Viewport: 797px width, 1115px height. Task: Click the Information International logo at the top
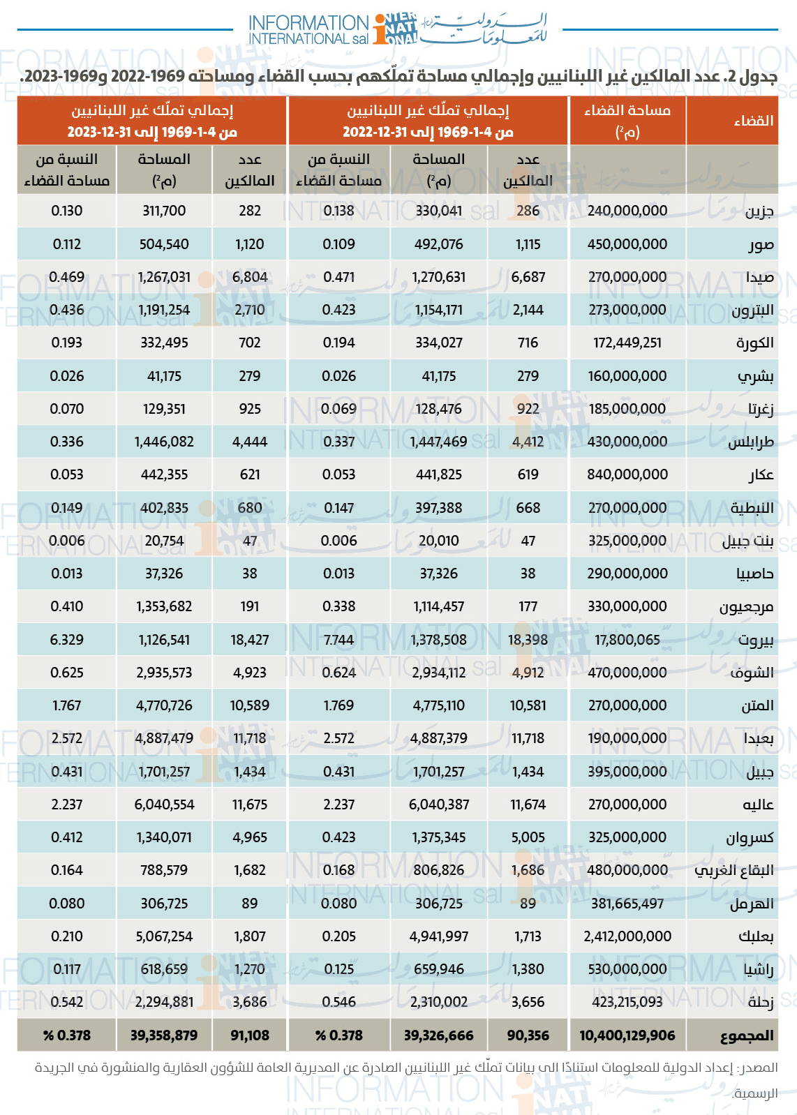397,29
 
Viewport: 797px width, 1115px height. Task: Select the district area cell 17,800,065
627,640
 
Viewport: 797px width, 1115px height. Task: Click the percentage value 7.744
338,640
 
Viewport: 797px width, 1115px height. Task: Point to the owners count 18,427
249,640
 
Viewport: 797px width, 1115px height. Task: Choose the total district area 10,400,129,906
627,1035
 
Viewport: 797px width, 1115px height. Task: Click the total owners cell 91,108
249,1035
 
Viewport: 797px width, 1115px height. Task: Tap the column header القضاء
754,121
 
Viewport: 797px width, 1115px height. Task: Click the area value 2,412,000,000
627,936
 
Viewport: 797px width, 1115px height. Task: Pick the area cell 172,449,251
627,343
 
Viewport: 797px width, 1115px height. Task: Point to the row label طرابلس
751,442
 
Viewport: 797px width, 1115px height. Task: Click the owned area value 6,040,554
164,805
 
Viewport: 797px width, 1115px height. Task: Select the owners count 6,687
528,277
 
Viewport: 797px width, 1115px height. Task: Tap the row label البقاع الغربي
734,871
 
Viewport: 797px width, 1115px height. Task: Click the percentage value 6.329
67,640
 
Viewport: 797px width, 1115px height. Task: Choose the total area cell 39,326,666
438,1035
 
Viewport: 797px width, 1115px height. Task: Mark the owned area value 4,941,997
438,936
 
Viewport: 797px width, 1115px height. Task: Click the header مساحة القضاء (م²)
627,121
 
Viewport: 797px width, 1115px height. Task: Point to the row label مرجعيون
746,607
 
